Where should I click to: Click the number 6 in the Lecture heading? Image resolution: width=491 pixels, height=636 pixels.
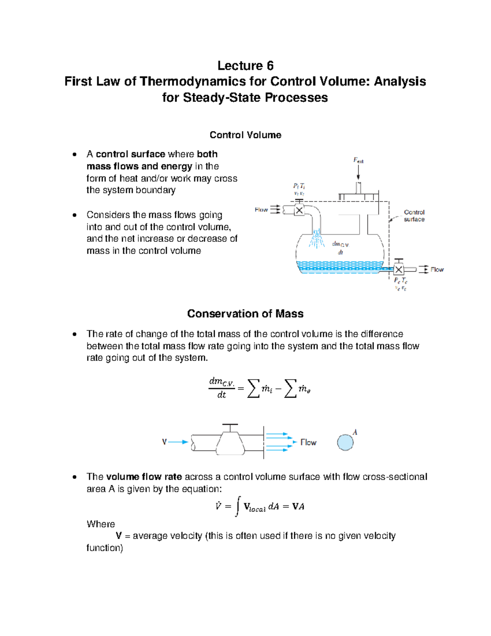(x=270, y=66)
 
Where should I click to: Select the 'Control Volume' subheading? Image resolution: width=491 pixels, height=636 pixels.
(x=245, y=135)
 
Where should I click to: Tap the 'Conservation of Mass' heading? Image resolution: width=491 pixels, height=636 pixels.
(x=245, y=314)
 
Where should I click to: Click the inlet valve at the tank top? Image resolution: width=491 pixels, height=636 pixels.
(x=300, y=210)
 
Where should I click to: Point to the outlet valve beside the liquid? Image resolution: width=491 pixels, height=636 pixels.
(x=399, y=269)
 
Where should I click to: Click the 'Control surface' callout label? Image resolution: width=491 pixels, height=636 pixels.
(x=414, y=216)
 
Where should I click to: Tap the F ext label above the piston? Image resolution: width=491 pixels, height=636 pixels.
(x=358, y=161)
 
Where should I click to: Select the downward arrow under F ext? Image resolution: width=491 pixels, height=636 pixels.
(x=358, y=174)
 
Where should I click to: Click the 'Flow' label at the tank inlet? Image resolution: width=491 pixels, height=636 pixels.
(x=261, y=210)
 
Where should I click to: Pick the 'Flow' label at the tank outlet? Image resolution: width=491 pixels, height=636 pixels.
(x=437, y=269)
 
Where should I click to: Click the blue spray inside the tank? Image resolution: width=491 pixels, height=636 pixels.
(x=316, y=239)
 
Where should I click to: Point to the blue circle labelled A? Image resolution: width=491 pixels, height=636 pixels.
(x=345, y=442)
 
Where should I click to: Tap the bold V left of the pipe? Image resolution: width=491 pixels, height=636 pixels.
(x=164, y=442)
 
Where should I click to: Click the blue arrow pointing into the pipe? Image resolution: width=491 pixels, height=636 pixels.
(x=178, y=442)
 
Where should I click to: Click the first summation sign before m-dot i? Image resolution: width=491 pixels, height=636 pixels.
(x=253, y=388)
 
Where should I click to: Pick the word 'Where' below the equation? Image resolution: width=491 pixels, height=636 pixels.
(x=101, y=524)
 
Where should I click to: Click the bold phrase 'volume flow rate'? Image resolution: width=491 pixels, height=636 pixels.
(x=144, y=477)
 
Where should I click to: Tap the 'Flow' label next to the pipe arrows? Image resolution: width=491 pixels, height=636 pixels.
(x=309, y=442)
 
